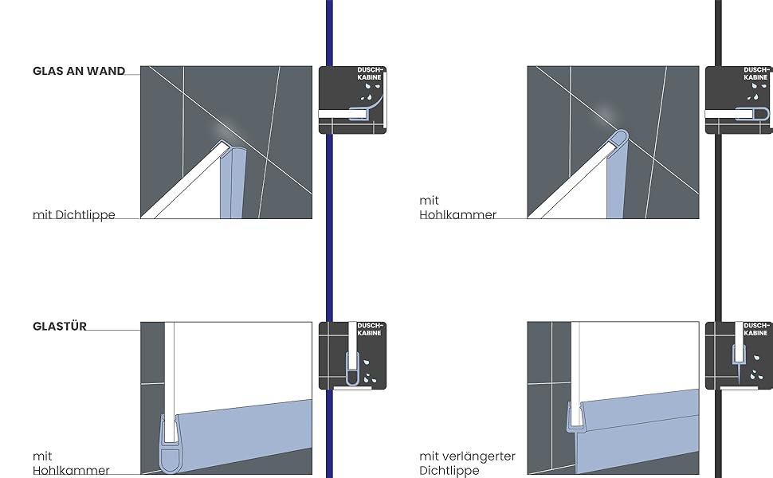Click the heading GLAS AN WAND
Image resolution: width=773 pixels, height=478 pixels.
click(79, 71)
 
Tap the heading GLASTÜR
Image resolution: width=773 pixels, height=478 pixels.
click(60, 326)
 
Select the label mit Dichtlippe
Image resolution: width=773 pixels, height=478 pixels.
click(74, 215)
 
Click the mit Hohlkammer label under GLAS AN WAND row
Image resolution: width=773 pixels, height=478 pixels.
click(457, 208)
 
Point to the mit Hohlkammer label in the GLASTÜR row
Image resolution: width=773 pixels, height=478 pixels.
click(71, 464)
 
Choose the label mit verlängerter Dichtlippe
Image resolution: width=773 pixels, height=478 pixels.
click(467, 464)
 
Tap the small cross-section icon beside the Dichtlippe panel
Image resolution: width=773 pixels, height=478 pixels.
click(352, 100)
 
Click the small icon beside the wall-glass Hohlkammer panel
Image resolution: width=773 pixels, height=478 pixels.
click(739, 100)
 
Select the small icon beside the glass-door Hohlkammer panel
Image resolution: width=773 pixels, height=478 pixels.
click(352, 355)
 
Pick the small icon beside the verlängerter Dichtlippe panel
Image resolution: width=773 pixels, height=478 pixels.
click(739, 355)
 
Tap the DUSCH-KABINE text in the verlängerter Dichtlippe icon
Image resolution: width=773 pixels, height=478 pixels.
click(757, 329)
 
